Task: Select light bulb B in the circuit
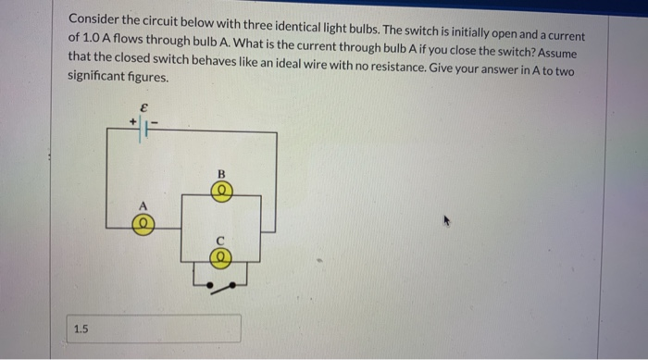coord(221,192)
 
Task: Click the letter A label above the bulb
coord(142,205)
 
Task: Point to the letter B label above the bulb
coord(221,174)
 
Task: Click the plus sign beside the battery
coord(133,120)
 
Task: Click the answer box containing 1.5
coord(155,328)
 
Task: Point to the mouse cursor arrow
coord(448,222)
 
